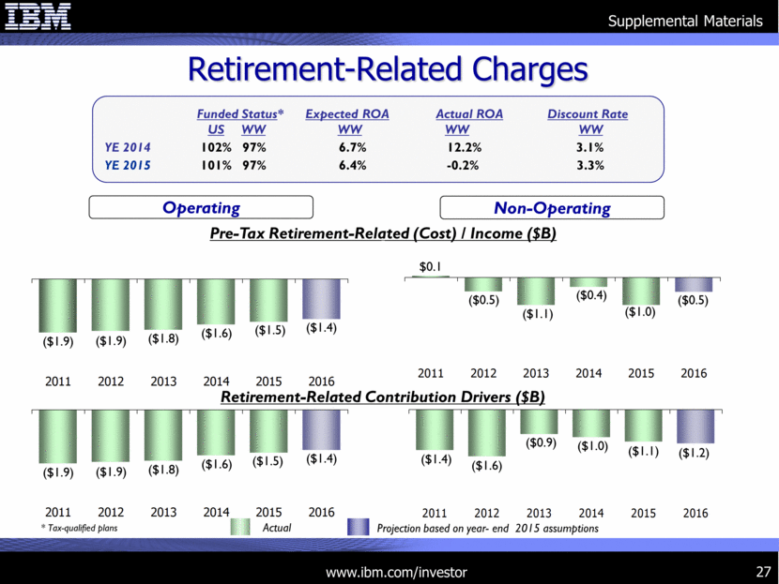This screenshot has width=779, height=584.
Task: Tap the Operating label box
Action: pos(201,208)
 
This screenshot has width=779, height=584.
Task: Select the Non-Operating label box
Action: pos(552,208)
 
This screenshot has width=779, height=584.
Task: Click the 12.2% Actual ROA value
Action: pos(463,147)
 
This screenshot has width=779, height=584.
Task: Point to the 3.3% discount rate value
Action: pos(589,165)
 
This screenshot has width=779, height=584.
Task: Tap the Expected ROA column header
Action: pos(347,113)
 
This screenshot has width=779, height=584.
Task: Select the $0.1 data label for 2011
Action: pos(430,267)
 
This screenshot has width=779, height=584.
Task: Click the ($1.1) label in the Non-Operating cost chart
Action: pos(536,315)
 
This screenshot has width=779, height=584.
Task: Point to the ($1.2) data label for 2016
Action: pos(694,452)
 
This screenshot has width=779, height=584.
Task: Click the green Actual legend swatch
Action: pos(242,529)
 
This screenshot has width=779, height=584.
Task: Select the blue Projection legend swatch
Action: pos(358,529)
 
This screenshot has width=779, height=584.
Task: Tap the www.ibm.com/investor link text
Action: pos(395,571)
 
